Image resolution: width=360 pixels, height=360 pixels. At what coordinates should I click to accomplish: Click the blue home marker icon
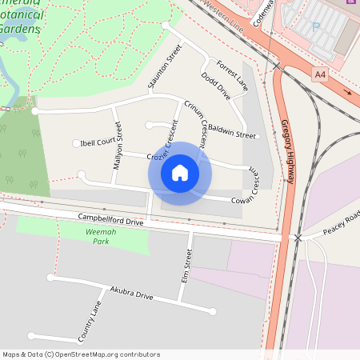[180, 173]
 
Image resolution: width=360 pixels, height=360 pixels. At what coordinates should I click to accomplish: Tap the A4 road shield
[320, 74]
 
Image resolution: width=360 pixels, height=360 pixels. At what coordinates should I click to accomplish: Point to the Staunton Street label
[165, 66]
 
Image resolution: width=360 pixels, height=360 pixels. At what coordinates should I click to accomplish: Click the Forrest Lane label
[231, 73]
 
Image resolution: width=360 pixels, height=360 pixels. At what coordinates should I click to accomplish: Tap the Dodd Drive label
[216, 86]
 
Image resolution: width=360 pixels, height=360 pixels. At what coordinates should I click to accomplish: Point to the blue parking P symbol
[315, 26]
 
